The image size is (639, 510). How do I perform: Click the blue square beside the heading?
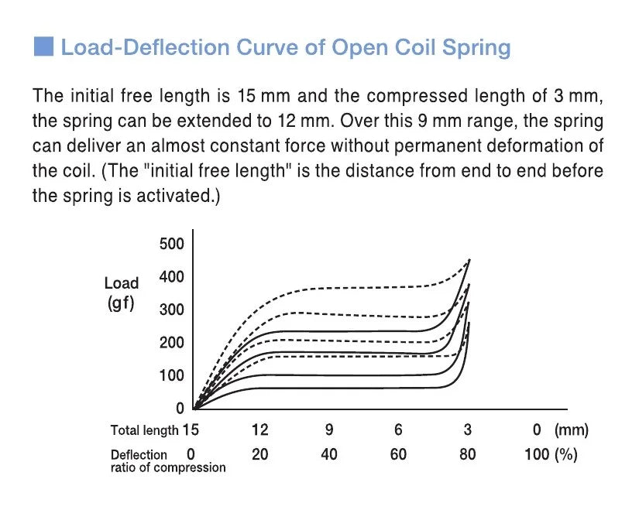pyautogui.click(x=43, y=46)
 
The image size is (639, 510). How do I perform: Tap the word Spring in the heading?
pyautogui.click(x=476, y=47)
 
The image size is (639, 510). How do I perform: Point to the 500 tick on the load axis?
pyautogui.click(x=172, y=245)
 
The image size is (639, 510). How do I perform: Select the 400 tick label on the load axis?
pyautogui.click(x=172, y=277)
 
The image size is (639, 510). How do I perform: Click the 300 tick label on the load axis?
pyautogui.click(x=172, y=310)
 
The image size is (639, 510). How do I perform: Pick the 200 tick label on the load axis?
pyautogui.click(x=172, y=343)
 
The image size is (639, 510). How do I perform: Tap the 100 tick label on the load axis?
pyautogui.click(x=172, y=375)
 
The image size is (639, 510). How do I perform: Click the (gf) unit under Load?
pyautogui.click(x=121, y=303)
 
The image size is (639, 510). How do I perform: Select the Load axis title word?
pyautogui.click(x=122, y=283)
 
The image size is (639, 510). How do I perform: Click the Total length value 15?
pyautogui.click(x=191, y=430)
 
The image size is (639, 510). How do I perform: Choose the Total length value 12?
pyautogui.click(x=260, y=430)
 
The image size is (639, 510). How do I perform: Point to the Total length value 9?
pyautogui.click(x=329, y=430)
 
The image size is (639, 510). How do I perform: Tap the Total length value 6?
pyautogui.click(x=398, y=430)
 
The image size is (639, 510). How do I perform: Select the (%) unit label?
pyautogui.click(x=566, y=454)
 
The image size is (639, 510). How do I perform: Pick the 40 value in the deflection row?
pyautogui.click(x=329, y=454)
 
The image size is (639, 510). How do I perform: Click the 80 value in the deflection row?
pyautogui.click(x=467, y=454)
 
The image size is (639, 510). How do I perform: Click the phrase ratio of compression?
pyautogui.click(x=168, y=467)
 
